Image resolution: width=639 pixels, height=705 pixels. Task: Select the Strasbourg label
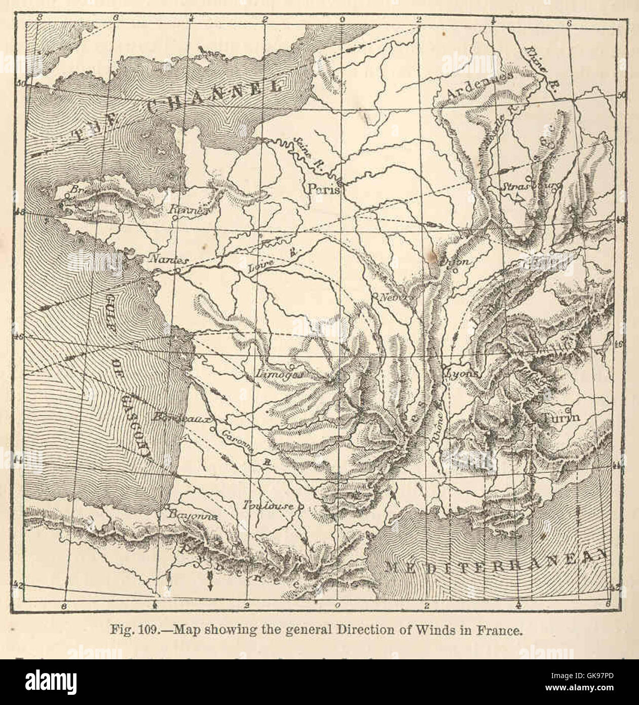[x=530, y=187]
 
